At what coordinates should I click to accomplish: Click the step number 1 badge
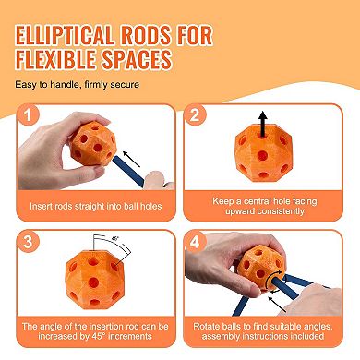pyautogui.click(x=28, y=115)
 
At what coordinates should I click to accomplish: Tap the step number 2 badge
pyautogui.click(x=195, y=115)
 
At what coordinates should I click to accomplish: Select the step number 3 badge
pyautogui.click(x=28, y=242)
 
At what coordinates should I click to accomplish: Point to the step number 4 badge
pyautogui.click(x=195, y=242)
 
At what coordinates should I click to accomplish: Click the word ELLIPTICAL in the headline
pyautogui.click(x=65, y=35)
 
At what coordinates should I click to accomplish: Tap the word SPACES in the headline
pyautogui.click(x=137, y=59)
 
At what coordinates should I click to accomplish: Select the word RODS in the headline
pyautogui.click(x=145, y=35)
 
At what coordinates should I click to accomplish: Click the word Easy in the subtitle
pyautogui.click(x=26, y=85)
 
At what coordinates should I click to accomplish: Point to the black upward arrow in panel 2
pyautogui.click(x=262, y=124)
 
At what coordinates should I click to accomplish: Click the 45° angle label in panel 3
pyautogui.click(x=114, y=238)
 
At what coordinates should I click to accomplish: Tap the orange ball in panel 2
pyautogui.click(x=262, y=152)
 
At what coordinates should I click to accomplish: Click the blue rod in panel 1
pyautogui.click(x=128, y=172)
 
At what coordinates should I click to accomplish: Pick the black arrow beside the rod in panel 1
pyautogui.click(x=132, y=159)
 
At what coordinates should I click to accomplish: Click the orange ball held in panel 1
pyautogui.click(x=93, y=144)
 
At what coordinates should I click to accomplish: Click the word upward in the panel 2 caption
pyautogui.click(x=240, y=211)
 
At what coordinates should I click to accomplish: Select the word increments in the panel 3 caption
pyautogui.click(x=130, y=336)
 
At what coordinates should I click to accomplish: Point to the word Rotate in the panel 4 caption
pyautogui.click(x=206, y=326)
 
